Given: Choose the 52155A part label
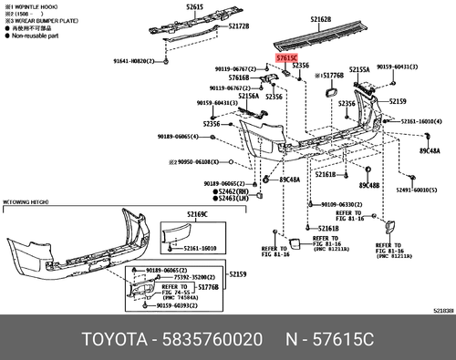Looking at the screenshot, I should point(358,69).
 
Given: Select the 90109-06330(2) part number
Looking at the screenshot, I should point(334,204).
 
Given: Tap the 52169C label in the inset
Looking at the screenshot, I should point(199,213).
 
